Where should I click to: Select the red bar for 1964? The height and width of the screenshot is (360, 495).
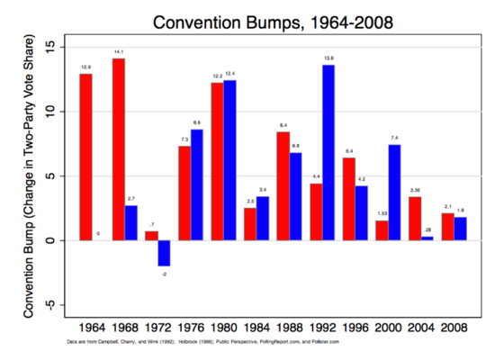click(85, 157)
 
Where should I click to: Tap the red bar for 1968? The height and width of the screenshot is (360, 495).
click(119, 149)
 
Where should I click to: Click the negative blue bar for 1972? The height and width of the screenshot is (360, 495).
click(164, 253)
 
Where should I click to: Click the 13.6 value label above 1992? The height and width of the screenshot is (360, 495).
click(328, 58)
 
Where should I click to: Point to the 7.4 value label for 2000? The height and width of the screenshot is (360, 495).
click(394, 138)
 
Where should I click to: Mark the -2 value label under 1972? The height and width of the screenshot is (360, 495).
click(164, 273)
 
